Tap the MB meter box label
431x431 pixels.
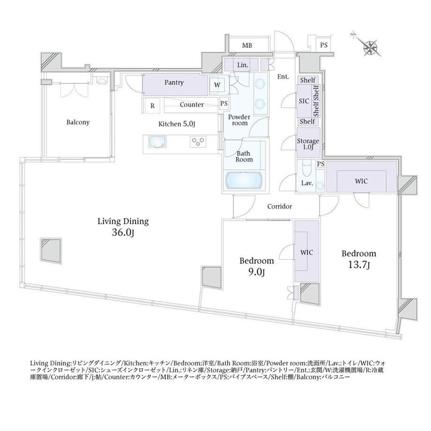(247, 45)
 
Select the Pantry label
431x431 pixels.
(174, 82)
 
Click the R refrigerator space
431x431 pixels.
(153, 105)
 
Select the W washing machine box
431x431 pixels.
(217, 85)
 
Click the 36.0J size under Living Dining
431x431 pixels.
(123, 233)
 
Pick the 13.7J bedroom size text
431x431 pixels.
(359, 265)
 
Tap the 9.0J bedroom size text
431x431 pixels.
(256, 272)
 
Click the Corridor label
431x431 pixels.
(280, 207)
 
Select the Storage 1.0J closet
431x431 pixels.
(308, 143)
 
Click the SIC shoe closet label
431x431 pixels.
(304, 101)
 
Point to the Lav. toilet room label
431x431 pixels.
(307, 183)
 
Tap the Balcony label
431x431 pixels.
(78, 122)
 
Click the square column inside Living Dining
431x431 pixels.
(51, 251)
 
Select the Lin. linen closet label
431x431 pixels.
(243, 65)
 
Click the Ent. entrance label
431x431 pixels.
(283, 77)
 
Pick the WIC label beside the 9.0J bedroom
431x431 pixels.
(306, 253)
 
